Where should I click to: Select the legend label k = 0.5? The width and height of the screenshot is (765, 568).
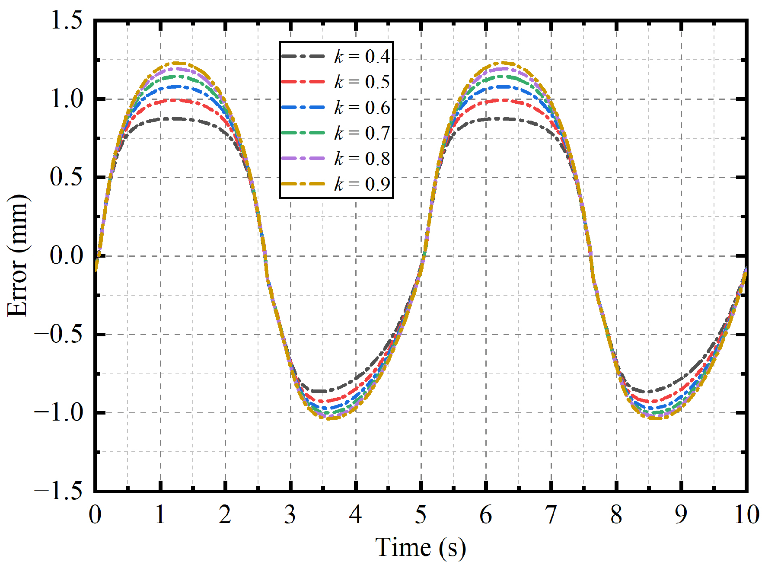pyautogui.click(x=362, y=82)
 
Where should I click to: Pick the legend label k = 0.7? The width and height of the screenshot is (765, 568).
pyautogui.click(x=362, y=133)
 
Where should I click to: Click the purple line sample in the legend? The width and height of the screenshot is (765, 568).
pyautogui.click(x=303, y=158)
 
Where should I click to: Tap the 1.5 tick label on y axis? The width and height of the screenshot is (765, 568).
pyautogui.click(x=67, y=21)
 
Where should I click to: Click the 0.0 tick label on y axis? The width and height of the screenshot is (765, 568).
pyautogui.click(x=67, y=255)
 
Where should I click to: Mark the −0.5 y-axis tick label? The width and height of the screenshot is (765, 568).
pyautogui.click(x=59, y=334)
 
